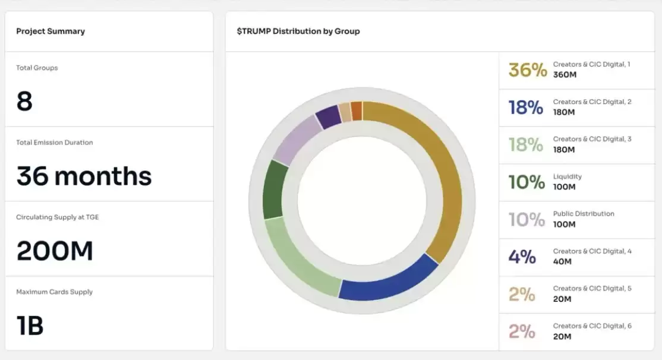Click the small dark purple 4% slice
coord(327,117)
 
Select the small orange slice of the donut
coord(357,111)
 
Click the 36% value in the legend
coord(527,70)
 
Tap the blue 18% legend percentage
coord(526,108)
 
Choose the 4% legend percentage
coord(522,257)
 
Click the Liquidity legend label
coord(567,176)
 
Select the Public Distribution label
coord(583,214)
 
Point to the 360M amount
coord(565,75)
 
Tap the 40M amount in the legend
coord(562,261)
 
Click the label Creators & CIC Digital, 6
coord(592,326)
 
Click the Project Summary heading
coord(51,31)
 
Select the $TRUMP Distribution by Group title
coord(298,31)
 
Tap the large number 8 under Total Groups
coord(24,102)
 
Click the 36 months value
coord(84,176)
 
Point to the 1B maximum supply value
coord(30,326)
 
